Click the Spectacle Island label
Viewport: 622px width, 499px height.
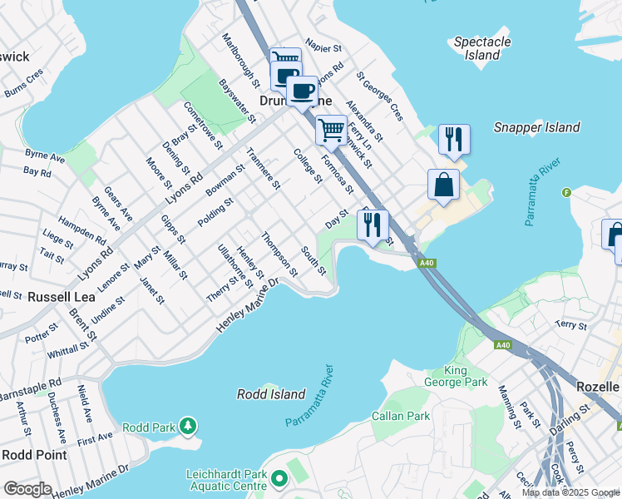482,48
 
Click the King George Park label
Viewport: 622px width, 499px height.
466,377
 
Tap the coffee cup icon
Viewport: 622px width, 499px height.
303,90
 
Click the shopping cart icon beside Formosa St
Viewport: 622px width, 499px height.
331,130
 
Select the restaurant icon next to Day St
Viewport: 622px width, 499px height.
373,224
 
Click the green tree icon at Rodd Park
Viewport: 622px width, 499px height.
189,427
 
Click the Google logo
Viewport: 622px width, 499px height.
27,489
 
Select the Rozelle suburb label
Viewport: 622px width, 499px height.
598,388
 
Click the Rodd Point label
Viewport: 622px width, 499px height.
34,454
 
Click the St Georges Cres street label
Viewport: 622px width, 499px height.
380,96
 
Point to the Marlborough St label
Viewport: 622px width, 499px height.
240,61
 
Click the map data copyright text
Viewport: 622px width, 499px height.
570,492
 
